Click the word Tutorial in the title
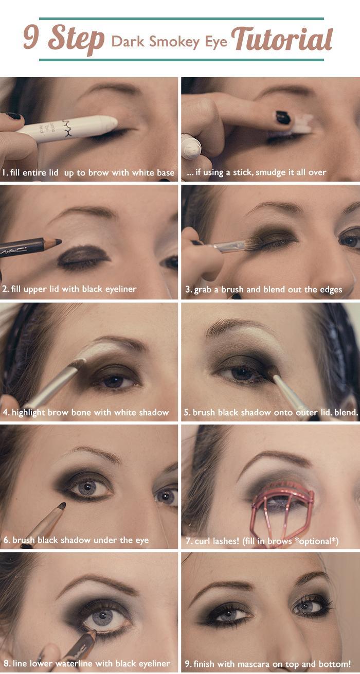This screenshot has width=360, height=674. pos(282,39)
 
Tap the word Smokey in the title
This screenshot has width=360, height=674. pos(174,42)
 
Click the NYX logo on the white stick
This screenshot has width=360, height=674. pos(67,129)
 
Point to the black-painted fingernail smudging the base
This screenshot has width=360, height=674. pos(283,117)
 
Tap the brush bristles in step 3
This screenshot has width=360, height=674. pos(252,244)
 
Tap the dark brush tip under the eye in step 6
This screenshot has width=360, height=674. pos(62,506)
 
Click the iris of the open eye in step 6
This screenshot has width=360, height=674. pos(87,487)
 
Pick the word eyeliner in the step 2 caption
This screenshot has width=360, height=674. pos(121,289)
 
